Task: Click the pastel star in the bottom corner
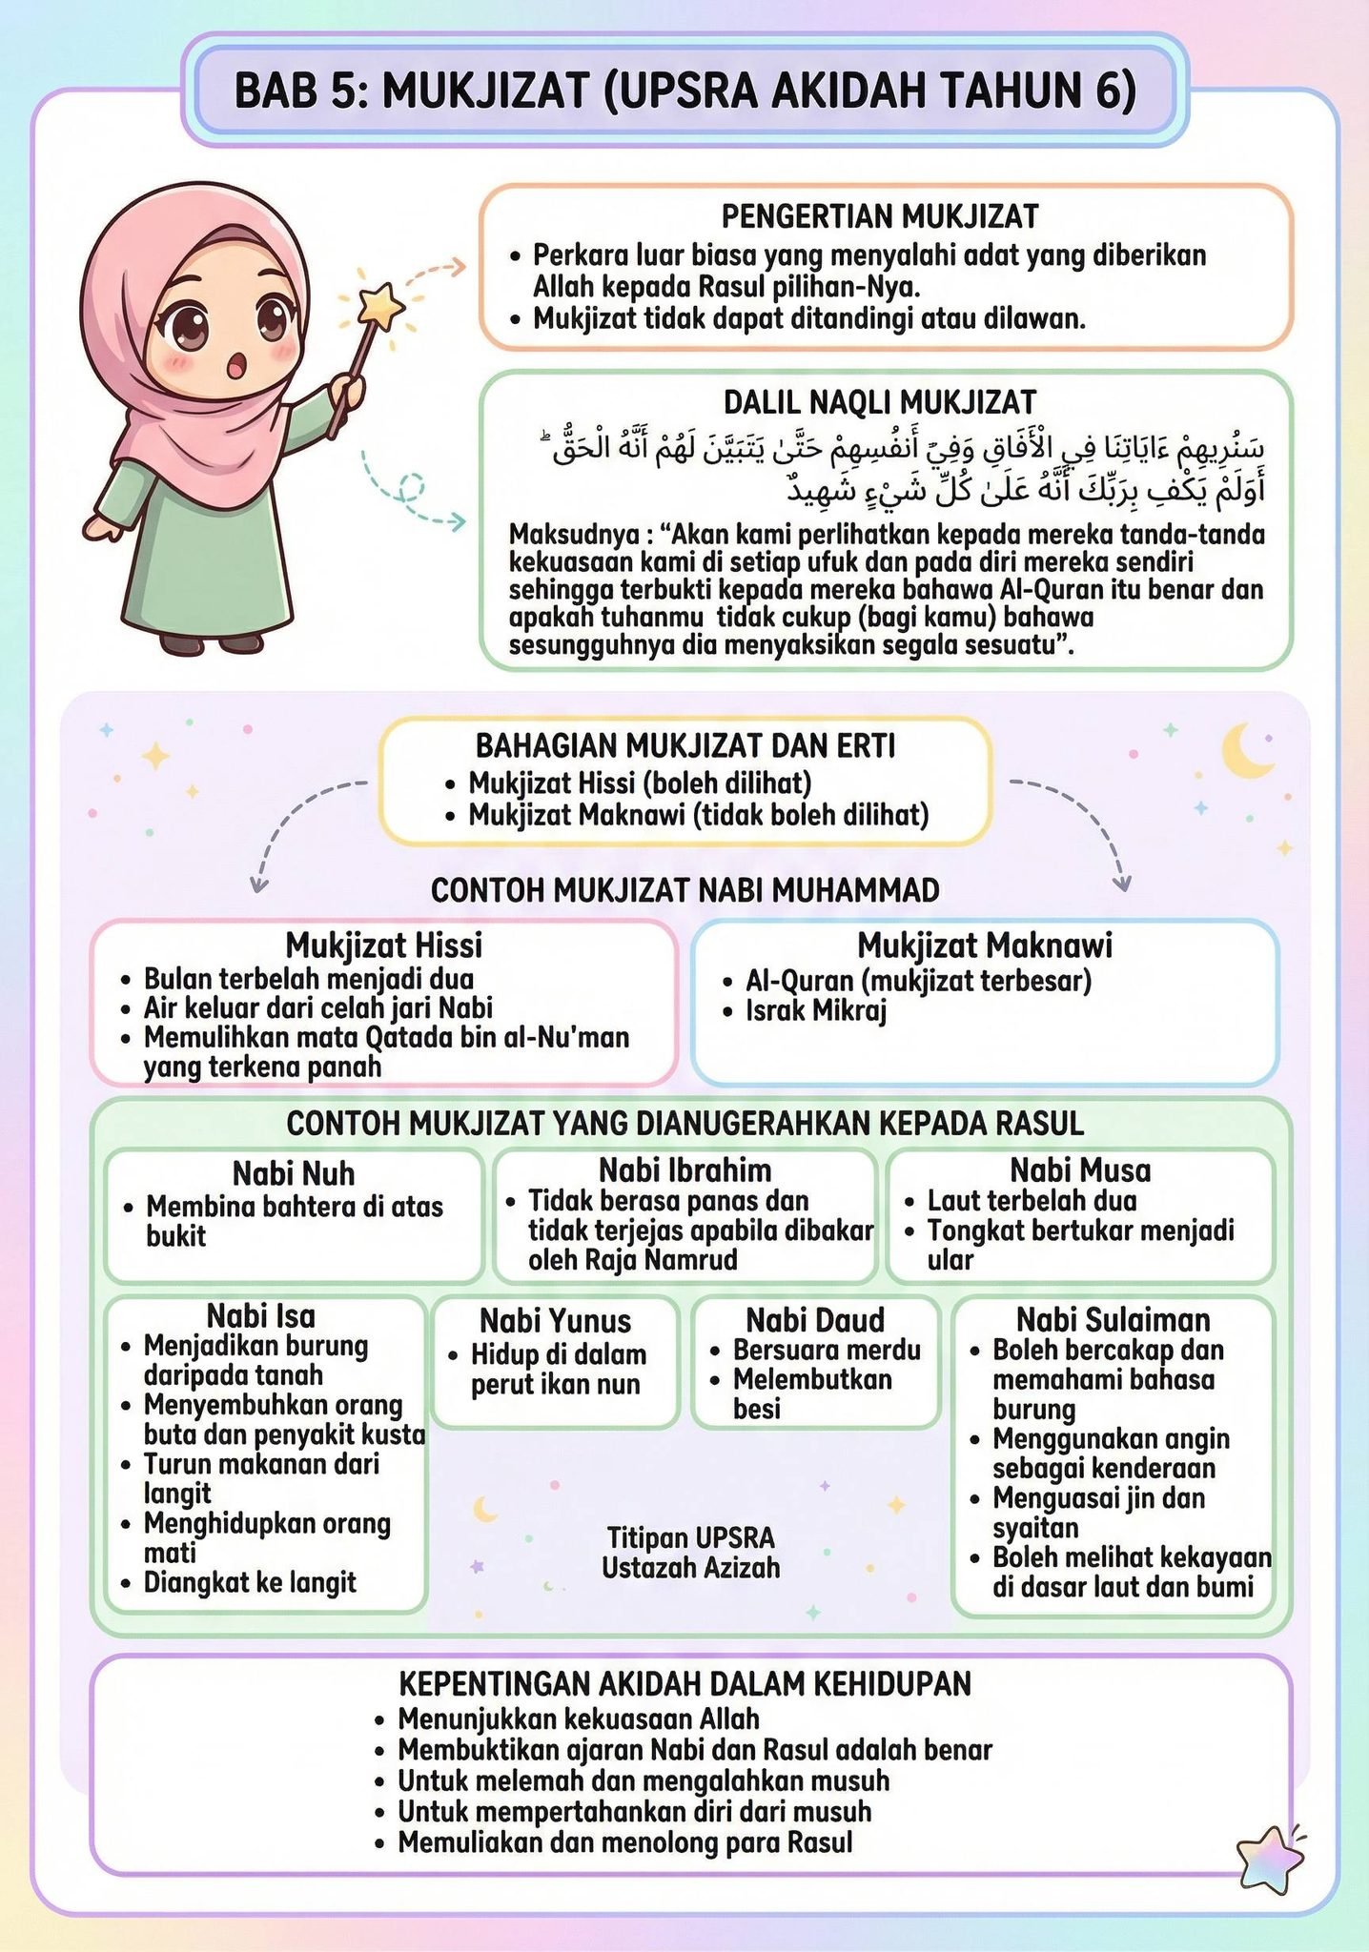tap(1270, 1858)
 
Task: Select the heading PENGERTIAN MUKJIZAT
tap(879, 217)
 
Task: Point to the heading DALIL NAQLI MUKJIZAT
tap(879, 402)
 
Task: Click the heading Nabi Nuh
tap(294, 1173)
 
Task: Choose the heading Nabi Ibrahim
tap(684, 1169)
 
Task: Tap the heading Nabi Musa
tap(1080, 1169)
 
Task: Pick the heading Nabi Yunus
tap(555, 1321)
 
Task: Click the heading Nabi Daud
tap(815, 1320)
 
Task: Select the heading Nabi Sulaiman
tap(1113, 1320)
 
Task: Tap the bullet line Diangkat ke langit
tap(250, 1583)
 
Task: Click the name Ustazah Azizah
tap(690, 1568)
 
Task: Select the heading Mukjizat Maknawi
tap(985, 945)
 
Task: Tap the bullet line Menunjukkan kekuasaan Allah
tap(579, 1719)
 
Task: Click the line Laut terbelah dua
tap(1032, 1201)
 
